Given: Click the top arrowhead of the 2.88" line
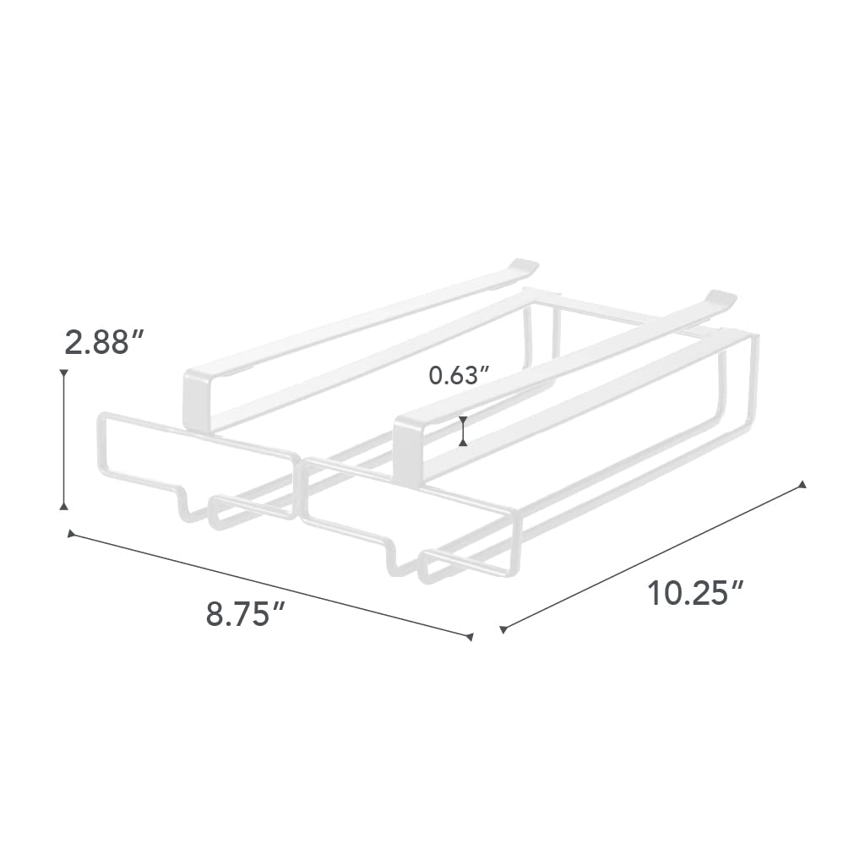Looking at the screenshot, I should [63, 372].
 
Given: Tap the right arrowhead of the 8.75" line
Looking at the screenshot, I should [469, 636].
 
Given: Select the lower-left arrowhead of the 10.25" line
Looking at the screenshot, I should [503, 628].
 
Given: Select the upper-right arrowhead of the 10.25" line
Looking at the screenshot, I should [802, 485].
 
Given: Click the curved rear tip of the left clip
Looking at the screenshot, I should [525, 264].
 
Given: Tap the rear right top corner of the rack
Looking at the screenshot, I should [750, 336].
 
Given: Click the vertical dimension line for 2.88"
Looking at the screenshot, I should [63, 439].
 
